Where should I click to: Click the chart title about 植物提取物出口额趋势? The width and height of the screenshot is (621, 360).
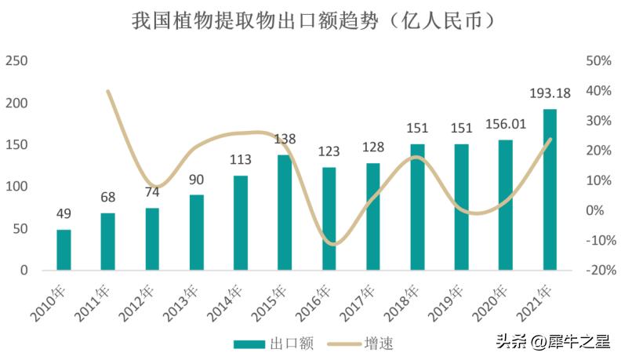tap(312, 21)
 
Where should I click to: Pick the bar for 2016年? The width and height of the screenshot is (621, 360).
tap(329, 219)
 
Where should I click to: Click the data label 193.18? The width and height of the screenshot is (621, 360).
tap(550, 93)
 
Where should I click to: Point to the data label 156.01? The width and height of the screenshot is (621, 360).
tap(506, 124)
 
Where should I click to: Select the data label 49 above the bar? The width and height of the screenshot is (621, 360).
tap(64, 213)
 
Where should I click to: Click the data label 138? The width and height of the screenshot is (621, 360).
tap(285, 140)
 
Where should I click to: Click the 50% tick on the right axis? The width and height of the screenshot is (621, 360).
tap(598, 61)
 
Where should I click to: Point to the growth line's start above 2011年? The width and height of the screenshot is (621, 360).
tap(107, 91)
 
